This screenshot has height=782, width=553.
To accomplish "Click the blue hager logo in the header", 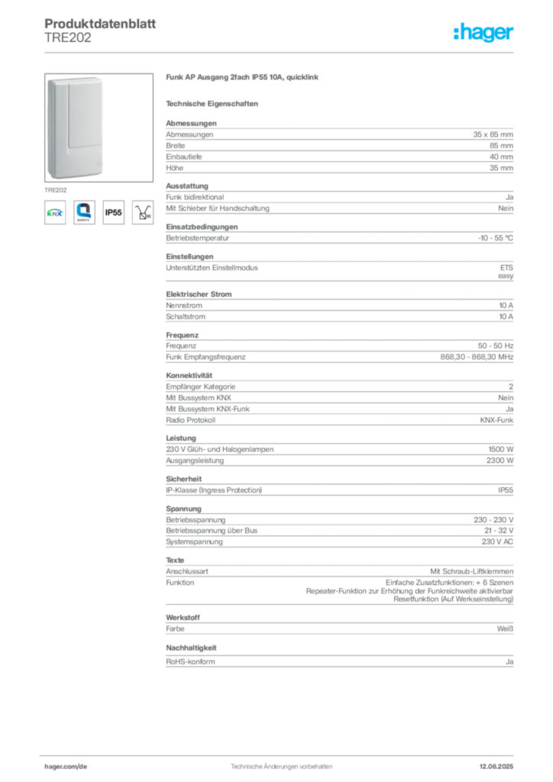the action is point(484,33).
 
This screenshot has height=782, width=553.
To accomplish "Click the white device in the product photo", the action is point(74,126).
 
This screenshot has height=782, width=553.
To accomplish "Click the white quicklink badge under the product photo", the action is point(83,212).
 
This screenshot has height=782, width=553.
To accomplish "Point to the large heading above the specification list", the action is point(244,79).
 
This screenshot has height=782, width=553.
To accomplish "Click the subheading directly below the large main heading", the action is point(214,103).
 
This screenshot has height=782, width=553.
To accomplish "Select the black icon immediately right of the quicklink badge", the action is point(113,214).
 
